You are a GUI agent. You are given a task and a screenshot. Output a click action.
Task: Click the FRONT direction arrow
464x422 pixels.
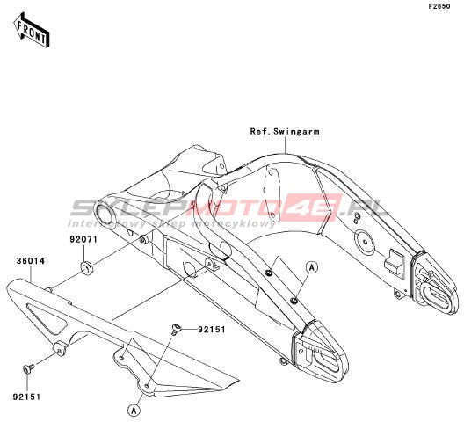pos(31,30)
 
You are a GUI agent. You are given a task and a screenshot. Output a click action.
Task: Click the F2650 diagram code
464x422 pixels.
pos(439,6)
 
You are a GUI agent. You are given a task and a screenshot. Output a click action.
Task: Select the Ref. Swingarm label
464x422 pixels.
pos(285,131)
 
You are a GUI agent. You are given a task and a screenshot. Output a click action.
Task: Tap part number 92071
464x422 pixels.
pos(83,239)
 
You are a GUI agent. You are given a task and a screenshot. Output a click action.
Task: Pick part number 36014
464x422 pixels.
pos(31,261)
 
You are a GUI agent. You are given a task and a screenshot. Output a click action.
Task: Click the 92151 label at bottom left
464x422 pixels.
pos(26,397)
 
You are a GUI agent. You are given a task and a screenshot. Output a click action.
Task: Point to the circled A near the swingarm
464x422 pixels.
pos(312,267)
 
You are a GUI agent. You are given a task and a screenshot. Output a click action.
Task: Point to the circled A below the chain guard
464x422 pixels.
pos(134,411)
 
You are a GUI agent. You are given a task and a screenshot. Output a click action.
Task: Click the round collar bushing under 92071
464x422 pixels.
pos(87,268)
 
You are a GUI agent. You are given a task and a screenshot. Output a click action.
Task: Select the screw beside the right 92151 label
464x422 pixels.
pos(176,330)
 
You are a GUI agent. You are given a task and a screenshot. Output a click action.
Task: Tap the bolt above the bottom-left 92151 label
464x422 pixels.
pos(28,369)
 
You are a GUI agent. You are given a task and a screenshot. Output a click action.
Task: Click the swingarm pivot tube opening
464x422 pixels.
pos(105,213)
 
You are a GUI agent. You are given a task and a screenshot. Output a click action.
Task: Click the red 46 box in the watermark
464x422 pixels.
pos(311,207)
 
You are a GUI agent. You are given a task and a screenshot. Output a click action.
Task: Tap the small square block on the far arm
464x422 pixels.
pos(394,262)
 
